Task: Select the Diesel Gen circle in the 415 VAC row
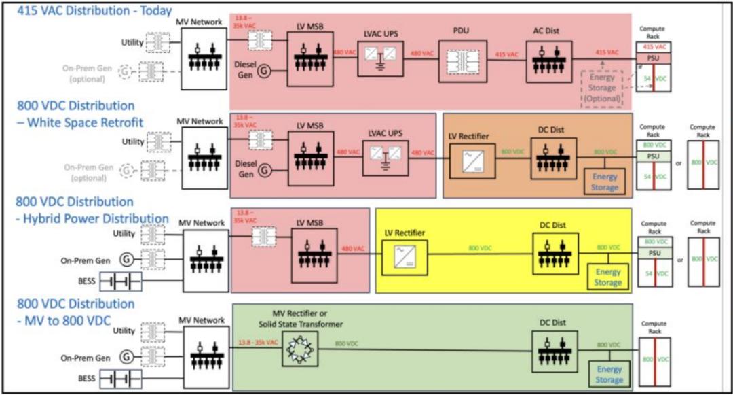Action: pos(264,71)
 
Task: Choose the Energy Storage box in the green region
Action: pos(609,374)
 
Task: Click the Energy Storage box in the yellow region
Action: pos(608,277)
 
